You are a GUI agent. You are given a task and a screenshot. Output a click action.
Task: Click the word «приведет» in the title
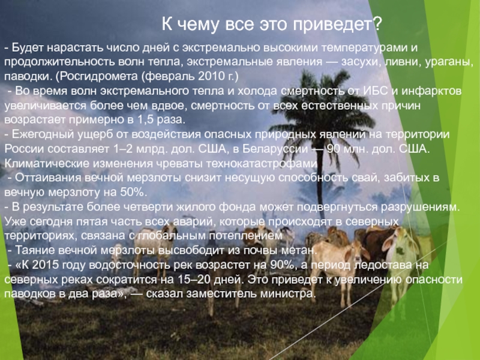click(333, 25)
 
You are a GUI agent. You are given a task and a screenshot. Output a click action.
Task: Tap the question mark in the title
click(378, 23)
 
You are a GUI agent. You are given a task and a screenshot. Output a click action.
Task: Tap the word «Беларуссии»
click(275, 149)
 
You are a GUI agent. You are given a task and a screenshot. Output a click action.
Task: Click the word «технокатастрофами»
click(262, 164)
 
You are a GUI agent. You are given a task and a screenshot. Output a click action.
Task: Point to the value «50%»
click(131, 193)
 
